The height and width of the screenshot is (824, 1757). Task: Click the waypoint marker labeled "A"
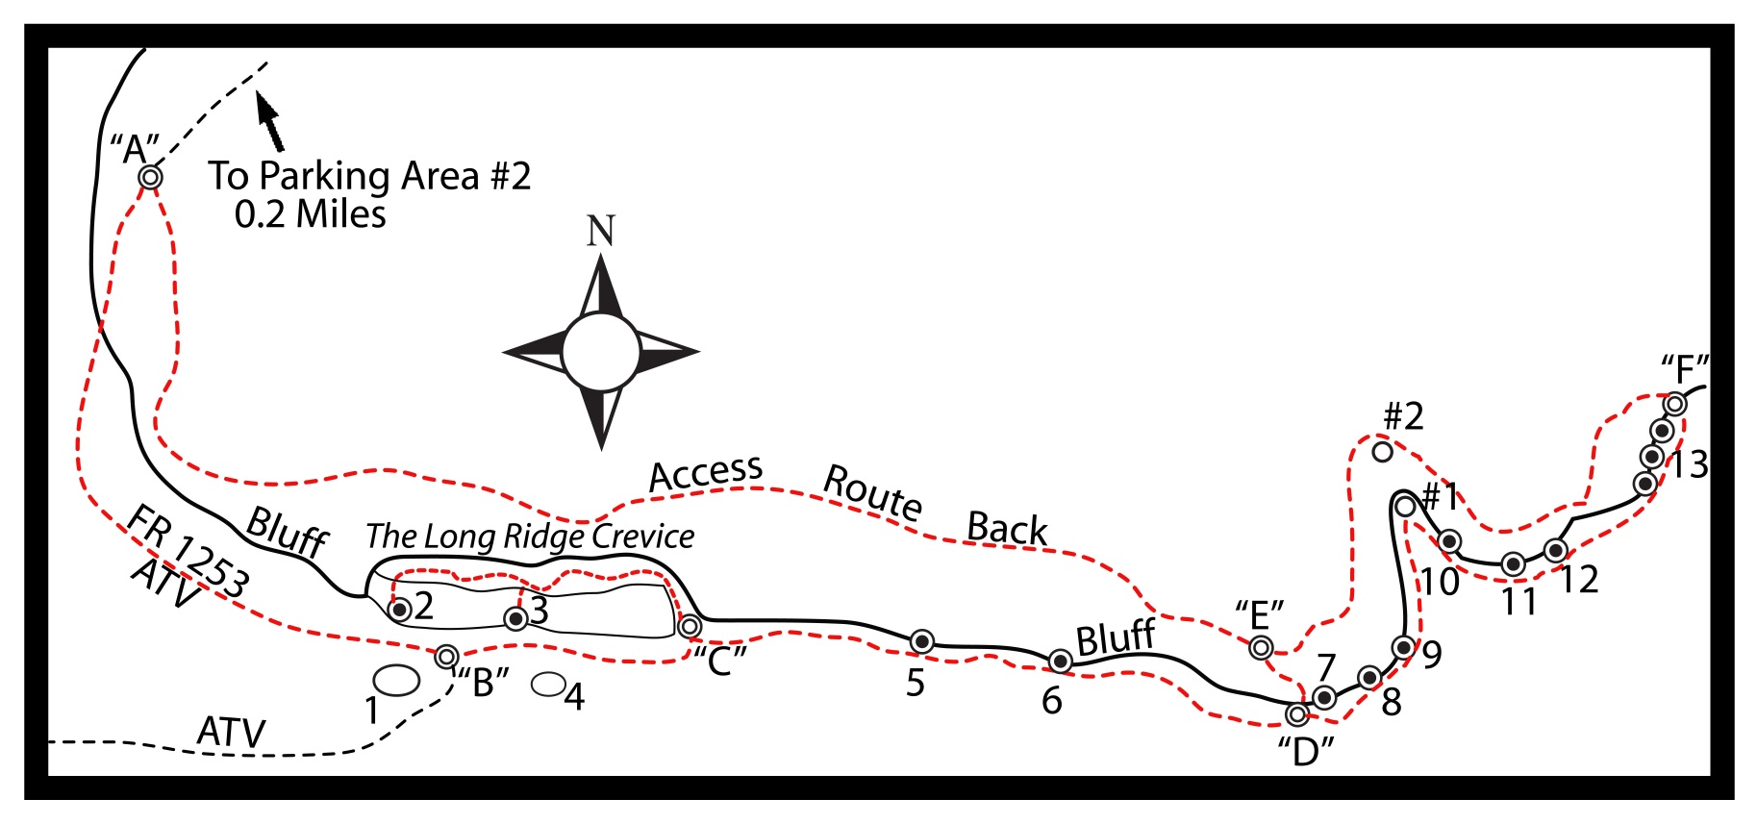tap(150, 177)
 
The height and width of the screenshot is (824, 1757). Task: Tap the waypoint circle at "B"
tap(446, 657)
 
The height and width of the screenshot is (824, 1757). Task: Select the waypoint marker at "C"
tap(690, 627)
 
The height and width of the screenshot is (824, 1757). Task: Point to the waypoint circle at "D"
tap(1297, 714)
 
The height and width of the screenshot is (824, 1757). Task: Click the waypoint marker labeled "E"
tap(1261, 648)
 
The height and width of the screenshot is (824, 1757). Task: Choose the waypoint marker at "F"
tap(1675, 404)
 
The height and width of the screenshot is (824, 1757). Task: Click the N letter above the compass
tap(601, 231)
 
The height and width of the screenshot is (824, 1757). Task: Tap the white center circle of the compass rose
tap(601, 352)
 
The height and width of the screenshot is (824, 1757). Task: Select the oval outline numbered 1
tap(396, 681)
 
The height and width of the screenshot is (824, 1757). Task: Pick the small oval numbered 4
tap(548, 684)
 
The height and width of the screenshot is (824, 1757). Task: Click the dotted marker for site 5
tap(922, 641)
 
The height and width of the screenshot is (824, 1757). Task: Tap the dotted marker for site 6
tap(1060, 661)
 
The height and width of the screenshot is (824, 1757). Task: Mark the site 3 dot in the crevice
tap(516, 618)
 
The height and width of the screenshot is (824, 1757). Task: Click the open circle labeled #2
tap(1382, 450)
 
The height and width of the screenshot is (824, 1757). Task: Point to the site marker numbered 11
tap(1513, 564)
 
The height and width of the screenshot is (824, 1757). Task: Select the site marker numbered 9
tap(1403, 646)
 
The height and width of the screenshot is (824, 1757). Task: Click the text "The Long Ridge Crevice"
tap(530, 537)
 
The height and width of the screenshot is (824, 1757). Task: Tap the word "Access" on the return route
tap(707, 472)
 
